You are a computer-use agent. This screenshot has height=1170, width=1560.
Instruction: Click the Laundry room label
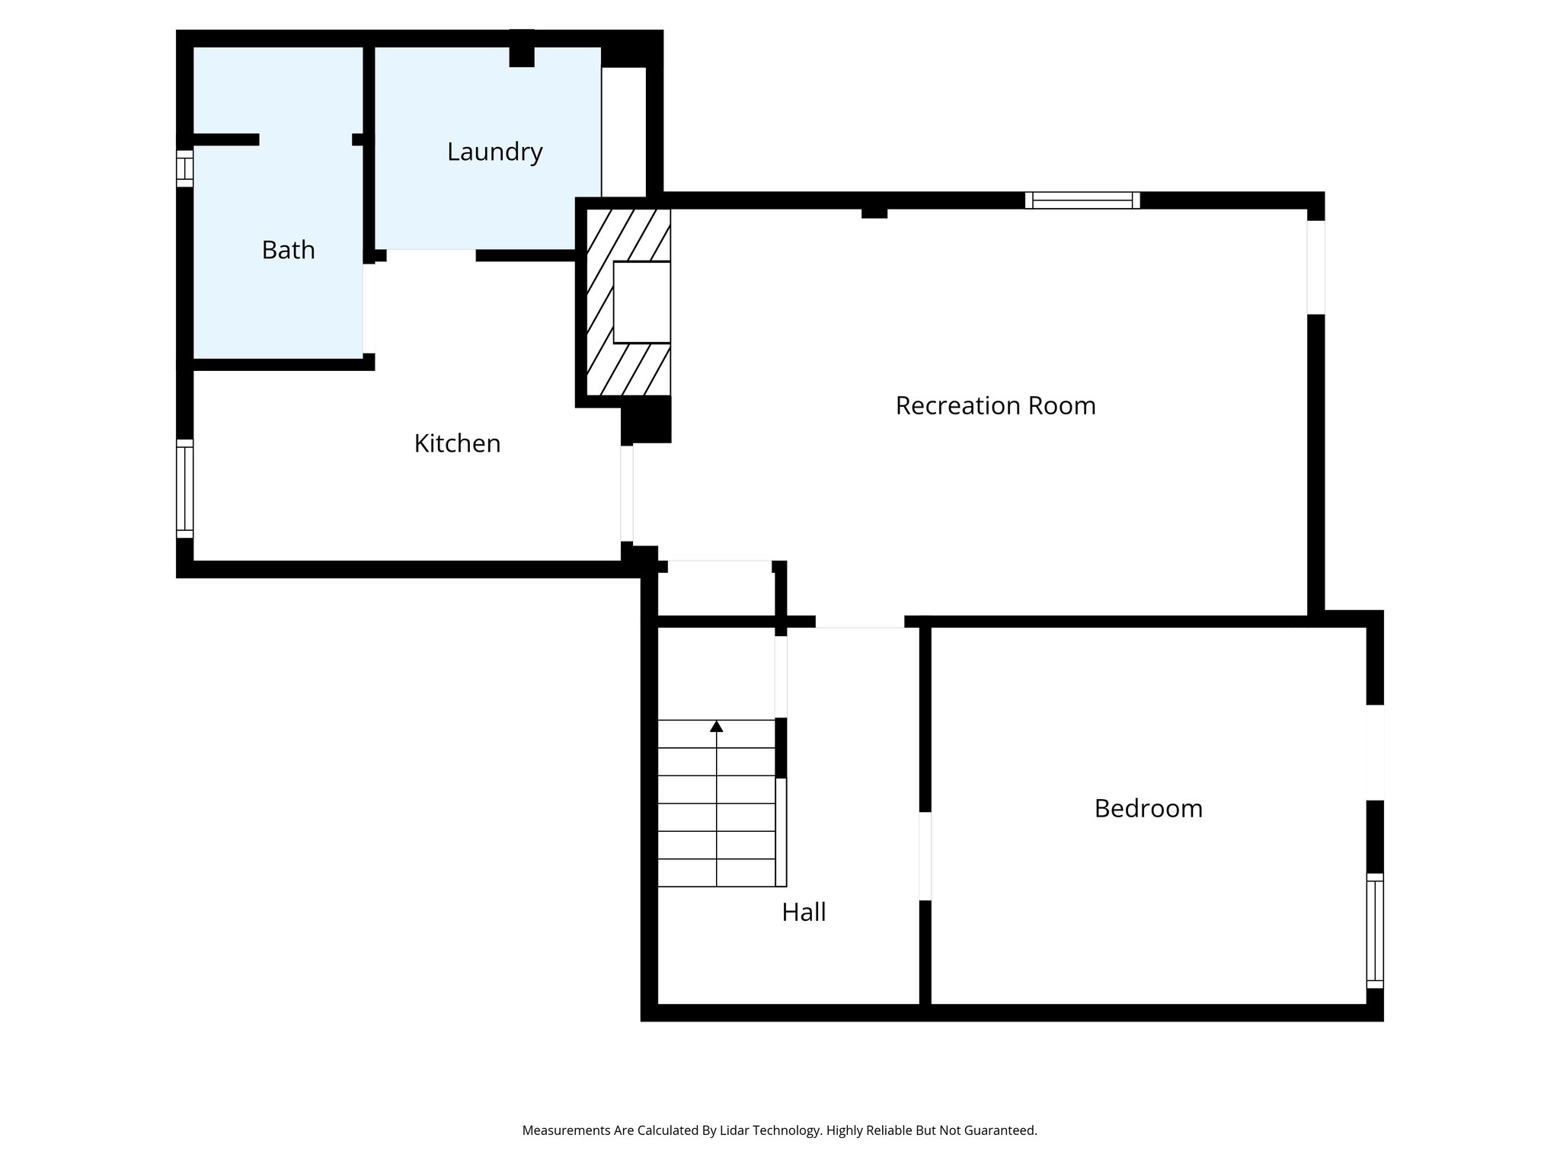pos(494,152)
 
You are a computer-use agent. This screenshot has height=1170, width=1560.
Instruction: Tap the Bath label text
pos(288,250)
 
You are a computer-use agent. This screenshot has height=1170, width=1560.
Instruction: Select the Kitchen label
pos(457,443)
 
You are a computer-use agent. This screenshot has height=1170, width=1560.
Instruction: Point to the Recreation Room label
pos(995,405)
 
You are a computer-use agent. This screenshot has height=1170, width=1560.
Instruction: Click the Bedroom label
pos(1148,808)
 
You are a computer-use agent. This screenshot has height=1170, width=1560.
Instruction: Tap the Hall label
pos(804,912)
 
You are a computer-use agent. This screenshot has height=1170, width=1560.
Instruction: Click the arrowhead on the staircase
pos(716,726)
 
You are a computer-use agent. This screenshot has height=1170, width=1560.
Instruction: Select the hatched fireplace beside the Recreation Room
pos(602,305)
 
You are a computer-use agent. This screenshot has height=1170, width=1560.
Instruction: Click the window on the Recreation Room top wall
pos(1082,200)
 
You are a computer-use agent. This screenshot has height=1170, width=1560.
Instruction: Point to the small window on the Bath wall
pos(184,168)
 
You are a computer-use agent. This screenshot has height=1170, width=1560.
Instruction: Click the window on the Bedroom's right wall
pos(1374,930)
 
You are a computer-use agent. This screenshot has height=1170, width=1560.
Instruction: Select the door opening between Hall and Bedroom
pos(925,856)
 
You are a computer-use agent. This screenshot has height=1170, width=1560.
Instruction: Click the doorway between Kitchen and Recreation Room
pos(626,494)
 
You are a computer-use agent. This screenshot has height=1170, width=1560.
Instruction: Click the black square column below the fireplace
pos(646,420)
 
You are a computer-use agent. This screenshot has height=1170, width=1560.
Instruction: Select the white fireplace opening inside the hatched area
pos(641,302)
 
